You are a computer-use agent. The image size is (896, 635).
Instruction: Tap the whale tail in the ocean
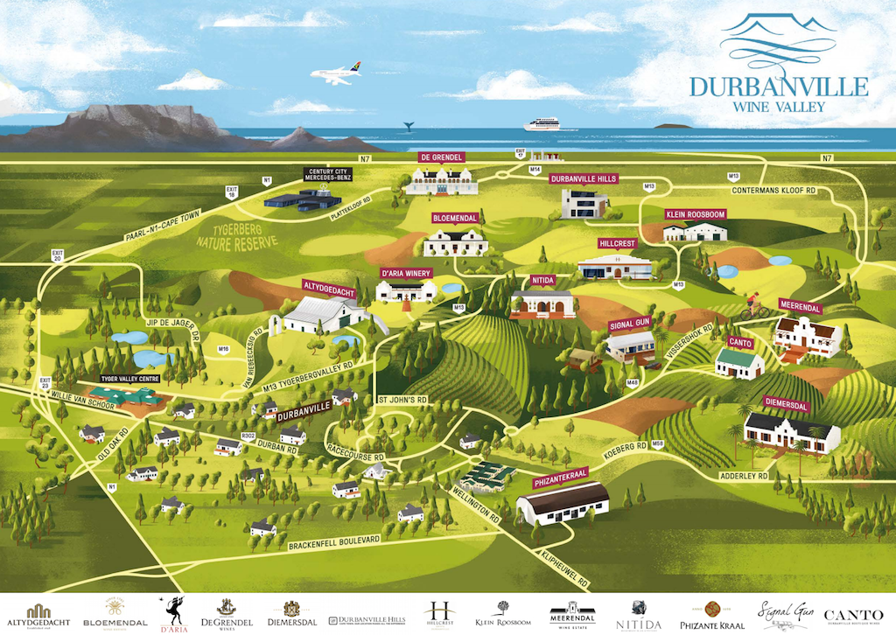tap(408, 126)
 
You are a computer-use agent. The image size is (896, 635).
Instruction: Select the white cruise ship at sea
tap(541, 124)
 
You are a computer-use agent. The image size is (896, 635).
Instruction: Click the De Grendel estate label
tap(442, 157)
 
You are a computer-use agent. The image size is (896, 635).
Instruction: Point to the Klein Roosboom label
tap(696, 214)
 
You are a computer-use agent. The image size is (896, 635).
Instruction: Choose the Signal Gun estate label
tap(630, 324)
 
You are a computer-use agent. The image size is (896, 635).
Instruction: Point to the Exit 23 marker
tap(45, 381)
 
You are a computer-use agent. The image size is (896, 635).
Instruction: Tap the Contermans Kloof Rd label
tap(773, 190)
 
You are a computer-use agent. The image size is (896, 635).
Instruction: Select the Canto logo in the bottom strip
tap(854, 617)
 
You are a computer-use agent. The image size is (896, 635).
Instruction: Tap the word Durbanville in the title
tap(779, 87)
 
